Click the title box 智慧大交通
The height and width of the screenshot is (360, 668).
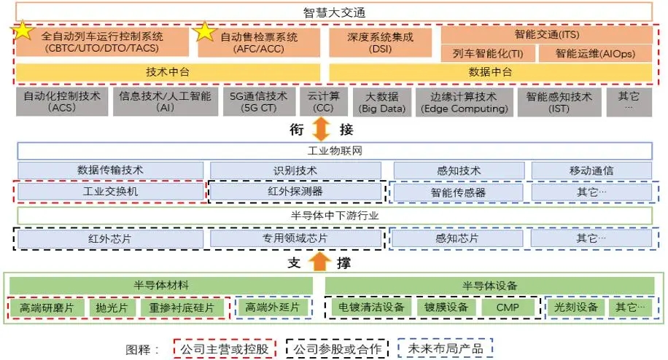(x=333, y=12)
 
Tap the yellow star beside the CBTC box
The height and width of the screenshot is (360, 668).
(x=23, y=31)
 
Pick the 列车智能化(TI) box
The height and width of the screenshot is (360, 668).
(x=487, y=53)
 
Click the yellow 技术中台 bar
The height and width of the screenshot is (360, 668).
(x=168, y=72)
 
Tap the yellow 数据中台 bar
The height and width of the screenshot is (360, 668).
(x=490, y=72)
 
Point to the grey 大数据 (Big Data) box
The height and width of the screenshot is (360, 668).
(x=381, y=102)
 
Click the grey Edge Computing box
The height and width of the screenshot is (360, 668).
(x=464, y=102)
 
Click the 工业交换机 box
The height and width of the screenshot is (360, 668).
(x=111, y=192)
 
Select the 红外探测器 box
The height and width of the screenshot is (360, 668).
(x=295, y=192)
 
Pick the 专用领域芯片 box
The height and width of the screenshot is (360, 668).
(x=295, y=238)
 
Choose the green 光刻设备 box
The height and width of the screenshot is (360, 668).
(x=575, y=308)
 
